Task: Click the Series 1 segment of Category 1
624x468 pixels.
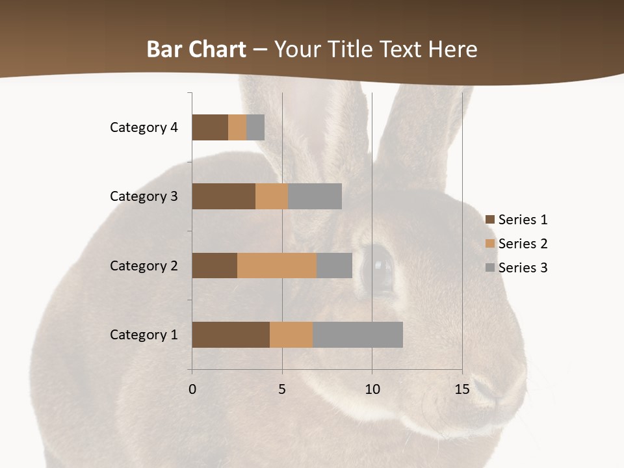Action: click(231, 335)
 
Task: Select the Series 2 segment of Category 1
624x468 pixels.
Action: click(291, 335)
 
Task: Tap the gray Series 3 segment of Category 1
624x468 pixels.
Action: click(357, 335)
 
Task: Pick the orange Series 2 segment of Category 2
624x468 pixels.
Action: click(277, 265)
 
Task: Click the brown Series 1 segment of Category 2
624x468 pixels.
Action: click(214, 265)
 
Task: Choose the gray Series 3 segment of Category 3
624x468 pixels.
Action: click(315, 196)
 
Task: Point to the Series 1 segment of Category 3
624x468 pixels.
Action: click(224, 196)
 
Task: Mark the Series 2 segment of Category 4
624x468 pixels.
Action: click(237, 127)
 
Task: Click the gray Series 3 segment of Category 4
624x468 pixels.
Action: click(255, 127)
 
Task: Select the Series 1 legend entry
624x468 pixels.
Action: click(516, 220)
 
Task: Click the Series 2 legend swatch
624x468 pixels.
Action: click(490, 244)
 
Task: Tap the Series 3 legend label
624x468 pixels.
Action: click(523, 268)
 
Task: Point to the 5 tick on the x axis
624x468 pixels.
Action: click(282, 389)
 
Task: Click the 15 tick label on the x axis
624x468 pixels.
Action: click(462, 389)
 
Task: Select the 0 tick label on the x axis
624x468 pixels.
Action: click(192, 389)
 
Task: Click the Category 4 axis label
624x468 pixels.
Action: click(144, 127)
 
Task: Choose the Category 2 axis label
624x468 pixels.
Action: click(144, 265)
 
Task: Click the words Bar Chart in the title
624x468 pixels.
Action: click(196, 49)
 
